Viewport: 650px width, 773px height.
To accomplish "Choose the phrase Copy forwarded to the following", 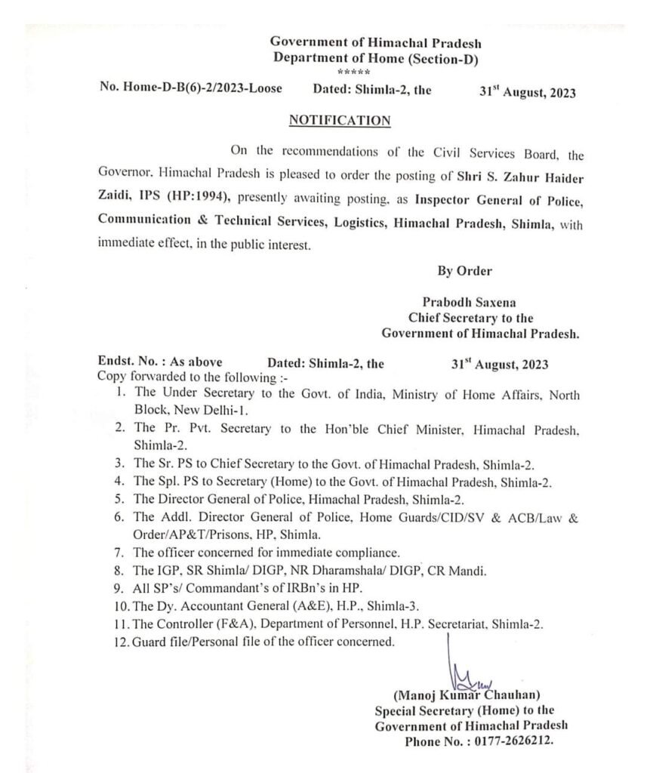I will point(198,376).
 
